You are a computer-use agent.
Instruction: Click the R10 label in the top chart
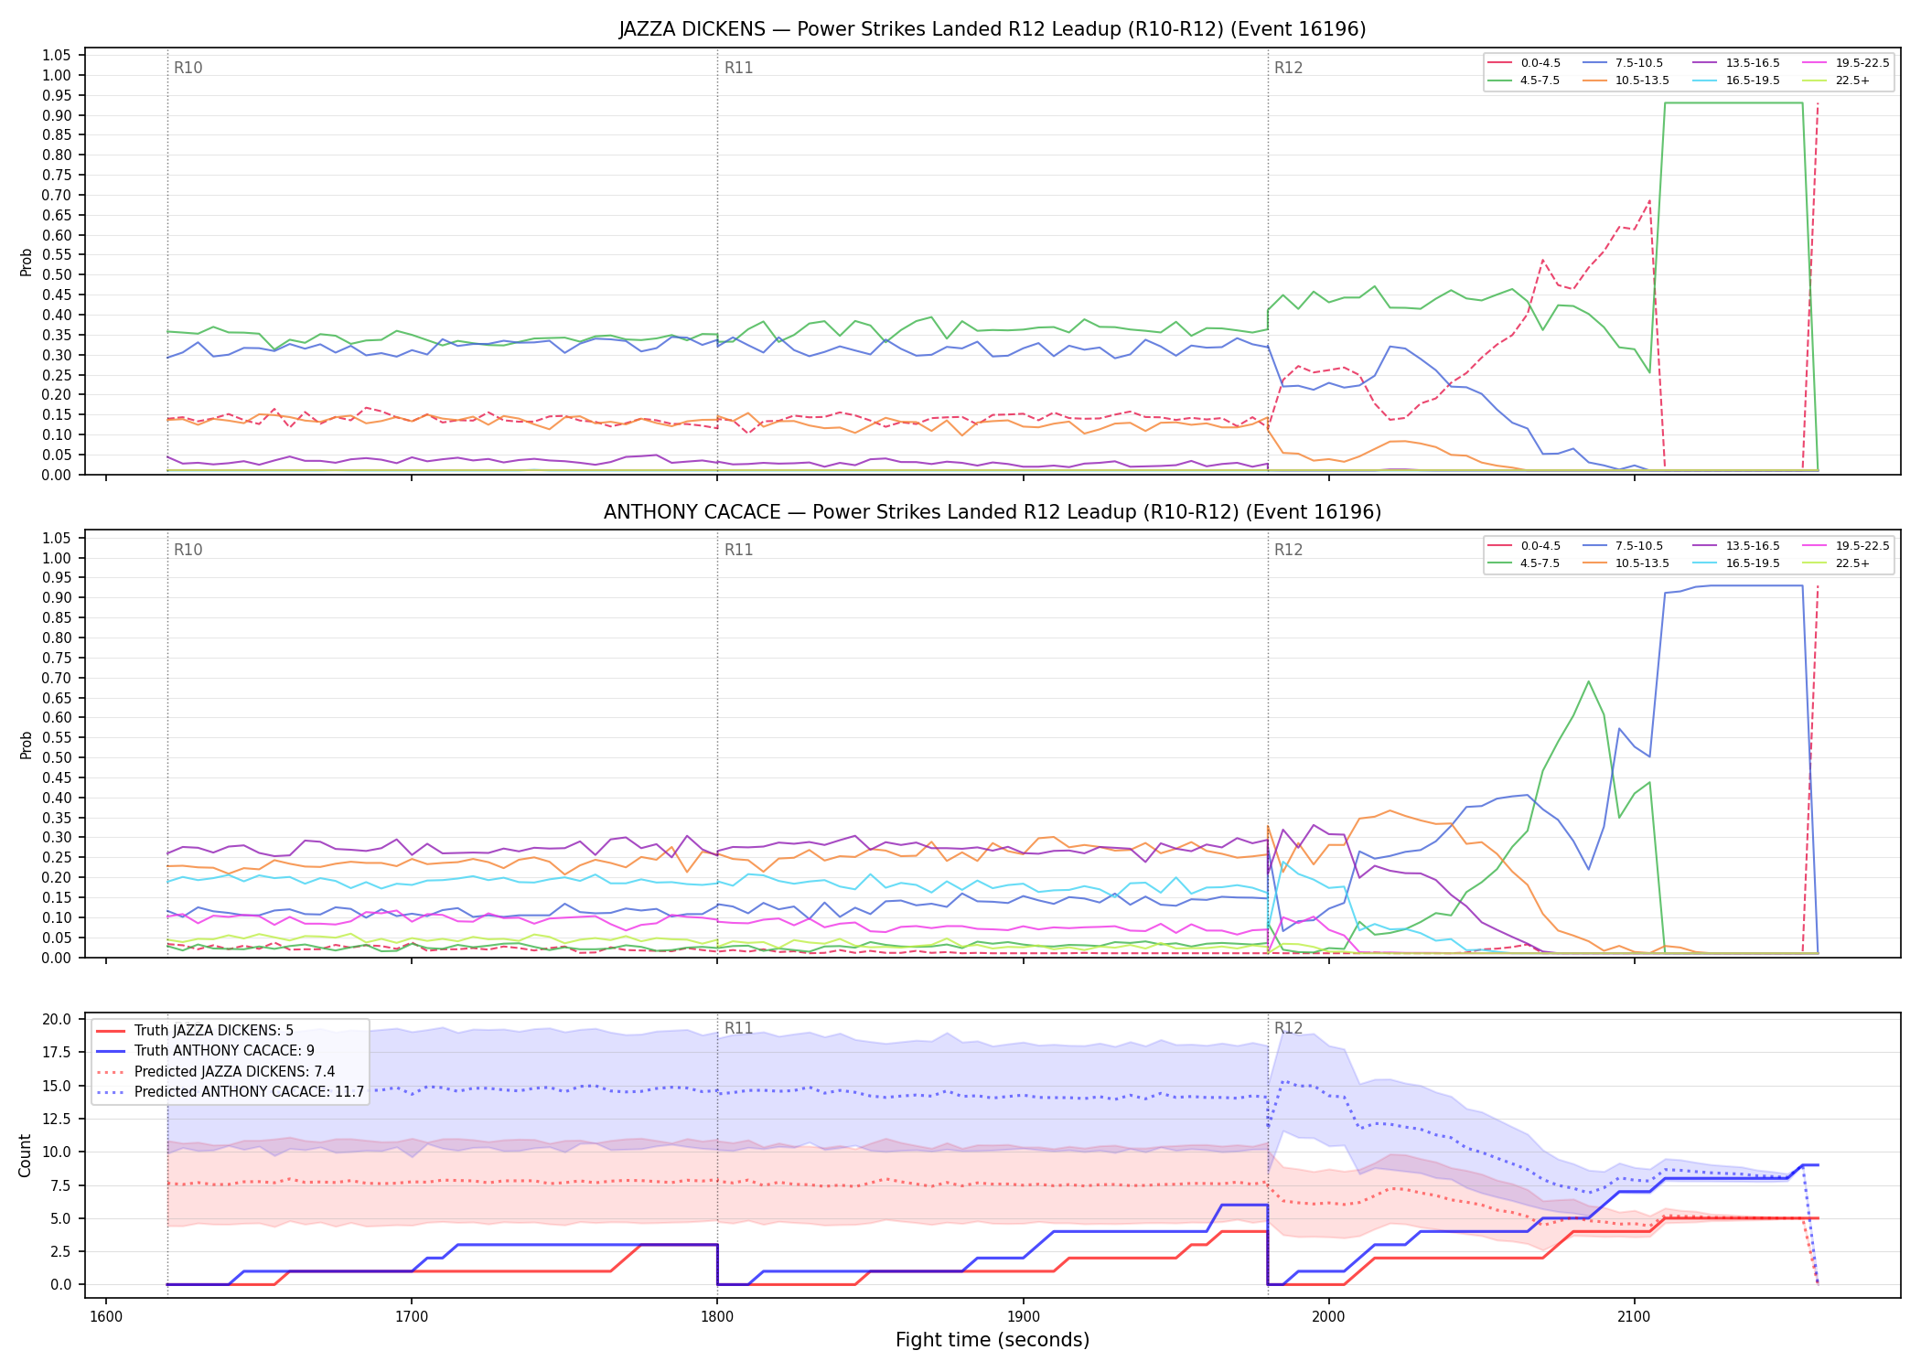point(188,68)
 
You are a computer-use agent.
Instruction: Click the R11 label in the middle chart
point(738,550)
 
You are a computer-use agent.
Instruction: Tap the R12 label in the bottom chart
point(1288,1028)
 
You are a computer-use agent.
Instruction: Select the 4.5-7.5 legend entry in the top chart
point(1524,80)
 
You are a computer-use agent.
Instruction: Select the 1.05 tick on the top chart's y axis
point(57,56)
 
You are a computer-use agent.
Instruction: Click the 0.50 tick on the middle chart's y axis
point(57,757)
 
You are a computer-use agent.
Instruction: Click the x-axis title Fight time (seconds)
point(993,1340)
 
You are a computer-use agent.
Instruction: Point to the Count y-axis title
point(25,1155)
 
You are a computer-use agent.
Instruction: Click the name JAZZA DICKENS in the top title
point(692,29)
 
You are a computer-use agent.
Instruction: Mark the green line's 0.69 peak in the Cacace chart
point(1588,681)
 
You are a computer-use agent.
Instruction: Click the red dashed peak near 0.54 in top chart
point(1542,261)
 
